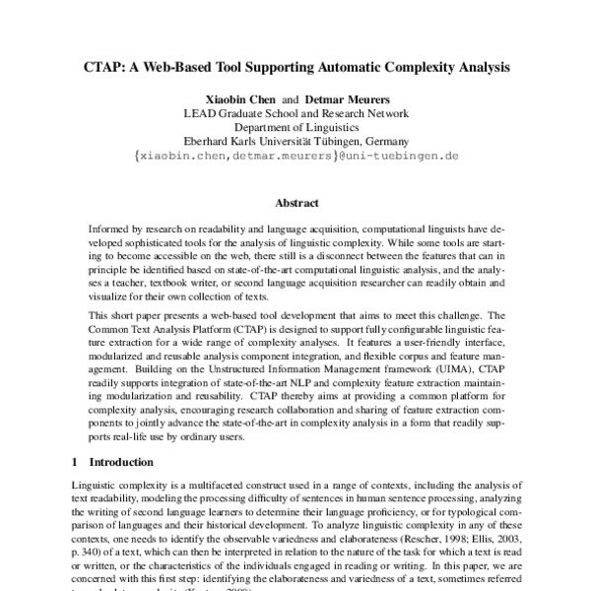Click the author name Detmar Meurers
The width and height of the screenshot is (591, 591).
click(x=347, y=99)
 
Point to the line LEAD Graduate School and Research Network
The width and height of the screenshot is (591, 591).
click(x=295, y=113)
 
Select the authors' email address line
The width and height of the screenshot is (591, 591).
click(x=295, y=156)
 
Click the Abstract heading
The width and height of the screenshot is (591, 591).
click(x=295, y=203)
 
